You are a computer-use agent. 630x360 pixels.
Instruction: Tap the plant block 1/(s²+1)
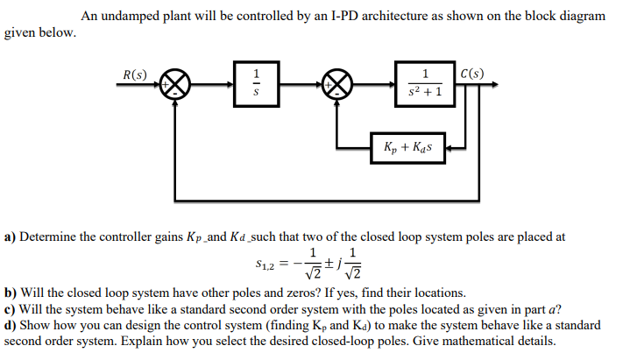[x=425, y=85]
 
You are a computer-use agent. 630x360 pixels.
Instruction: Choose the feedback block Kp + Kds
[x=410, y=147]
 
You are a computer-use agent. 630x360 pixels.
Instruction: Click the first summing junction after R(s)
[x=181, y=86]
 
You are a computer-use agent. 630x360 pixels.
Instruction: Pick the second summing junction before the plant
[x=339, y=86]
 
